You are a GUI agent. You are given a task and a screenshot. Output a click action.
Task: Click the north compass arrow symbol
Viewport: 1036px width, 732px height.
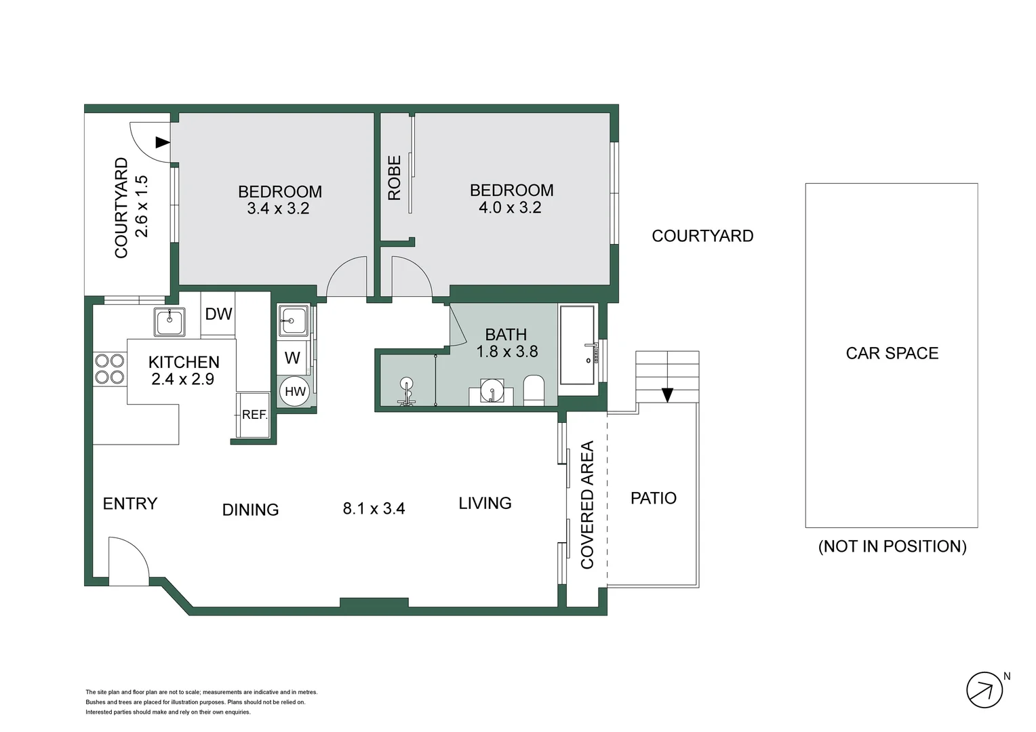pyautogui.click(x=984, y=691)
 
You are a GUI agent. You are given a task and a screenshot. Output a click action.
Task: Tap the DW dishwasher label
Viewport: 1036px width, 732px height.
pyautogui.click(x=218, y=314)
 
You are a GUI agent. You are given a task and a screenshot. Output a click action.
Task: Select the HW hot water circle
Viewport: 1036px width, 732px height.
pyautogui.click(x=295, y=392)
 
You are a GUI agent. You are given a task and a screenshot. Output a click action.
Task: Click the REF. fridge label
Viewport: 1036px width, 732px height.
pyautogui.click(x=255, y=415)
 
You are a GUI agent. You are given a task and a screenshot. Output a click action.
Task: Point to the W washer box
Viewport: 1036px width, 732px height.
pyautogui.click(x=292, y=358)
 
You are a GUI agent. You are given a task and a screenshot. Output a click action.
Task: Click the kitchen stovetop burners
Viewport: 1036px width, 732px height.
pyautogui.click(x=109, y=369)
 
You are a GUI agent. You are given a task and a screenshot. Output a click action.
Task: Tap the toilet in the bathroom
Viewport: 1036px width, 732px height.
pyautogui.click(x=534, y=390)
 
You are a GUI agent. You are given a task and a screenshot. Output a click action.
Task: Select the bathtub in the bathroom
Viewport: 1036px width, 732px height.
pyautogui.click(x=577, y=344)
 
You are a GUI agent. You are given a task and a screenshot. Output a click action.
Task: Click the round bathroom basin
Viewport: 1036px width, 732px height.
pyautogui.click(x=492, y=390)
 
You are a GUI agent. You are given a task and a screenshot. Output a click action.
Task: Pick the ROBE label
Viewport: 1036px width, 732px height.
pyautogui.click(x=394, y=178)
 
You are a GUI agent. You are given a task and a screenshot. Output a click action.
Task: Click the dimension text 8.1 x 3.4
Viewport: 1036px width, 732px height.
pyautogui.click(x=374, y=508)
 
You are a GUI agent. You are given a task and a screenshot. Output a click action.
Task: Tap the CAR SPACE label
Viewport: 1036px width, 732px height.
pyautogui.click(x=892, y=353)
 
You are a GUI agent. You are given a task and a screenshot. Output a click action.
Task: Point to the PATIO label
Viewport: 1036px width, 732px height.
pyautogui.click(x=653, y=498)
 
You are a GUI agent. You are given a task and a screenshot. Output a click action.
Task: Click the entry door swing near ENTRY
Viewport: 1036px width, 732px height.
pyautogui.click(x=128, y=561)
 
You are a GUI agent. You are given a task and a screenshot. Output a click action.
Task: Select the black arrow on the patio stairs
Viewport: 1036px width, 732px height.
pyautogui.click(x=667, y=394)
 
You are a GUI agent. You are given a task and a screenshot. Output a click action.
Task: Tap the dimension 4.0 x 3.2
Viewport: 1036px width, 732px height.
pyautogui.click(x=510, y=207)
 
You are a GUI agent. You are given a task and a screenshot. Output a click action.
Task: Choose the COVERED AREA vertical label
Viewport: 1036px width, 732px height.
pyautogui.click(x=587, y=504)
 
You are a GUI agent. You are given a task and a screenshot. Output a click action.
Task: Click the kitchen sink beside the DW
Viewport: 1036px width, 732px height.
pyautogui.click(x=170, y=321)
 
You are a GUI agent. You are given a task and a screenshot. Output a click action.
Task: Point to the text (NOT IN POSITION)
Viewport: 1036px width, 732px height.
pyautogui.click(x=892, y=546)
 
